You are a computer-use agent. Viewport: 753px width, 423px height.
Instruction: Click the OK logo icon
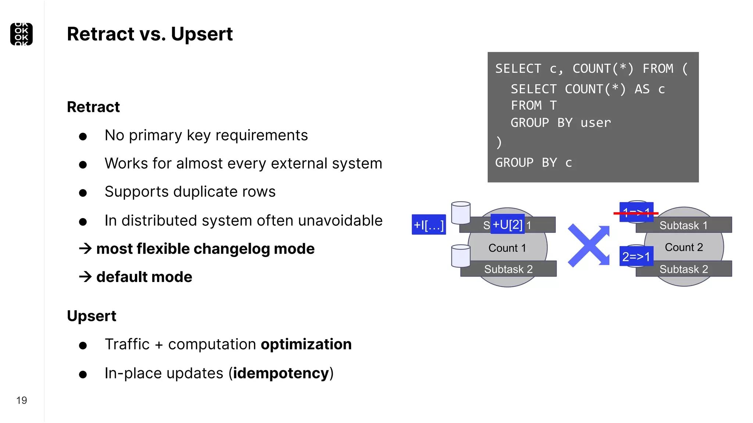point(21,34)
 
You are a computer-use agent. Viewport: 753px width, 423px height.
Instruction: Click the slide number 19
point(22,400)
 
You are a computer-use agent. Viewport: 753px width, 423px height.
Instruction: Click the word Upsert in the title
point(201,34)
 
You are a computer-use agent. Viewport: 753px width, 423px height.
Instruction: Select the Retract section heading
point(93,107)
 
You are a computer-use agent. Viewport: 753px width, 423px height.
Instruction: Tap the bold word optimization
point(306,344)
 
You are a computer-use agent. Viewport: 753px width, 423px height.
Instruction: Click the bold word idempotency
point(281,373)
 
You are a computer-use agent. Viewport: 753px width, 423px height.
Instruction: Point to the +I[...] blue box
point(429,225)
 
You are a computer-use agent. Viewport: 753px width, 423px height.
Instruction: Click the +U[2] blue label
point(507,224)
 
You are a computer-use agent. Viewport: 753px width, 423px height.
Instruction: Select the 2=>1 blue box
point(636,256)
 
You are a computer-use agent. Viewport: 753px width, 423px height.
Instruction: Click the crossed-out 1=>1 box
point(636,212)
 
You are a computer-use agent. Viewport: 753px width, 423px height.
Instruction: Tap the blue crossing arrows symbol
point(589,245)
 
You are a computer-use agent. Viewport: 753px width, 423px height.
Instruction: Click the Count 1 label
point(507,248)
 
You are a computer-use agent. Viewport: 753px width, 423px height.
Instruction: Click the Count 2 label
point(684,247)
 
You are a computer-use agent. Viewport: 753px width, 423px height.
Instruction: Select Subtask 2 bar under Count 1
point(508,269)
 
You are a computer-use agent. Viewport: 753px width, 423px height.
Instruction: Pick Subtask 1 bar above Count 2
point(684,225)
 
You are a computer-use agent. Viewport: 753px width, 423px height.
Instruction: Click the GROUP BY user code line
point(560,123)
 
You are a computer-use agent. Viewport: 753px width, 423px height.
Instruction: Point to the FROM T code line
point(533,106)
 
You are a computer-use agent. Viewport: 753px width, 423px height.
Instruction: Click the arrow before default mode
point(85,276)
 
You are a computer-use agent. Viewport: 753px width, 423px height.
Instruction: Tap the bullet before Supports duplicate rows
point(83,193)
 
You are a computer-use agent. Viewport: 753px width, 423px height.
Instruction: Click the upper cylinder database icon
point(461,213)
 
